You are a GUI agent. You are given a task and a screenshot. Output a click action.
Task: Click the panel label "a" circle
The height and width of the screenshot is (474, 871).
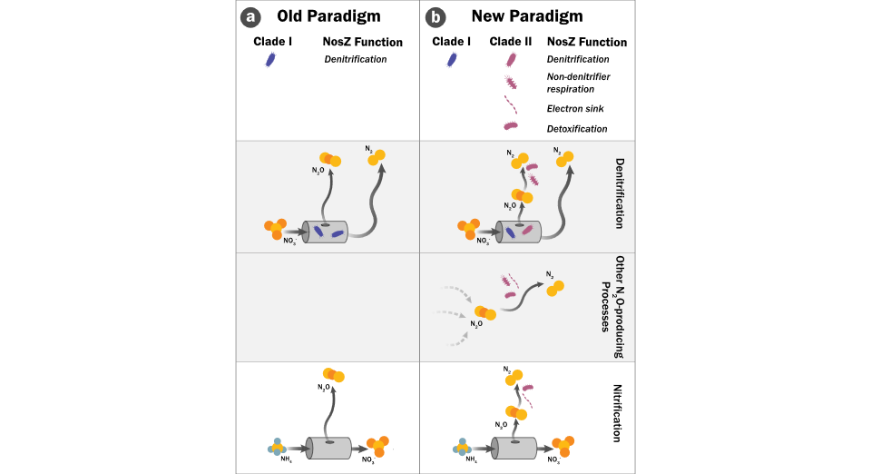[250, 16]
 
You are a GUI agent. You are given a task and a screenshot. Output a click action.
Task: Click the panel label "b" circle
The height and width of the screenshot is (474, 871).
[435, 16]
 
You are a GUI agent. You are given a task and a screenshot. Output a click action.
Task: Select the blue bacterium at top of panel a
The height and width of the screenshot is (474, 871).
[269, 60]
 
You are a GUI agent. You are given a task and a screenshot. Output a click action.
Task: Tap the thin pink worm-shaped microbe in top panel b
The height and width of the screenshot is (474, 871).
[510, 104]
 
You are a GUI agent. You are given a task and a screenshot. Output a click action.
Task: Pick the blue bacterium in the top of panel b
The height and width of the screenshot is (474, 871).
[451, 60]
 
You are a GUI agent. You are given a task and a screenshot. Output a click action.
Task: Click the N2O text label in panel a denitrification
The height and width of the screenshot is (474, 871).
[318, 170]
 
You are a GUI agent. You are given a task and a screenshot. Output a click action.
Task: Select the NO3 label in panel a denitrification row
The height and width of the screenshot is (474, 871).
[289, 241]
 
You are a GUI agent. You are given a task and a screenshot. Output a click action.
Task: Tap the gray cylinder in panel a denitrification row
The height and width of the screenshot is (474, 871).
[326, 232]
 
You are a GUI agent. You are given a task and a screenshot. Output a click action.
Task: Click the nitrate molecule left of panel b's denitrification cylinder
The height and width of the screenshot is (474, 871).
[469, 228]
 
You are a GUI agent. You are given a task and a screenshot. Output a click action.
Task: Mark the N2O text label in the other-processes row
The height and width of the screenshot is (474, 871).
[476, 323]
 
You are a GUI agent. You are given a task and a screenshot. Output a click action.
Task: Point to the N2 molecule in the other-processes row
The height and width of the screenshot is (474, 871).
[554, 287]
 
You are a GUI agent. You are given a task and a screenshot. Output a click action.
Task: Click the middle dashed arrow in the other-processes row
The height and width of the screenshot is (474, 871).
[453, 314]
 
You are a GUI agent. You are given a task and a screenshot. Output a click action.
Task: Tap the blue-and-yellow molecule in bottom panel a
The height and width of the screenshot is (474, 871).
[278, 447]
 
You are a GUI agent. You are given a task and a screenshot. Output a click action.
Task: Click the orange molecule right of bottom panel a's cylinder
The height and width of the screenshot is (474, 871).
[377, 446]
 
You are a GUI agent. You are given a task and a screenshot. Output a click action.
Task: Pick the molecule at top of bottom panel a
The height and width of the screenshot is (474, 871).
[333, 374]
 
